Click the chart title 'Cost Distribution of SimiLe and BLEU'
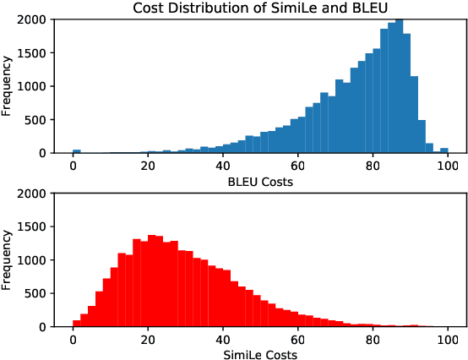point(261,8)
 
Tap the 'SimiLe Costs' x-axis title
point(260,355)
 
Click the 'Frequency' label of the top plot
point(8,85)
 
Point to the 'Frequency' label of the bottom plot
point(8,259)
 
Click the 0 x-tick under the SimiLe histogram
point(74,340)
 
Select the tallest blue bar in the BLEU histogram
point(399,85)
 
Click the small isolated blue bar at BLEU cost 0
point(77,151)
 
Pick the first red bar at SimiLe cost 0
point(77,323)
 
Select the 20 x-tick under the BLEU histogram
point(149,166)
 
